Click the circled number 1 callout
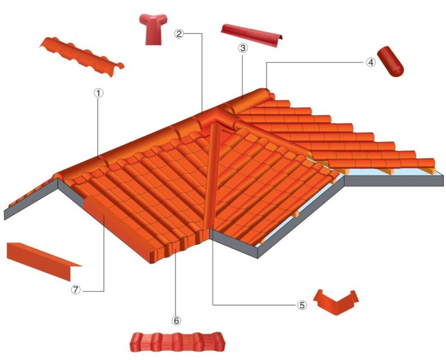point(99,93)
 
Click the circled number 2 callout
point(179,34)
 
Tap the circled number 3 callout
point(242,48)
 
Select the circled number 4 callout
point(371,62)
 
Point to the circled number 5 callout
point(302,305)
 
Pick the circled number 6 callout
point(176,321)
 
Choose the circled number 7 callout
point(76,290)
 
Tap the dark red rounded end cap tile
point(391,61)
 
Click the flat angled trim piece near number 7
point(43,260)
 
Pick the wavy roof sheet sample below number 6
point(177,342)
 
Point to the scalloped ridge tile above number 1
point(82,57)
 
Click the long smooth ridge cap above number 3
point(252,35)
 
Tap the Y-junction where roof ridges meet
point(215,116)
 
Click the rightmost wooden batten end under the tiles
point(430,170)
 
